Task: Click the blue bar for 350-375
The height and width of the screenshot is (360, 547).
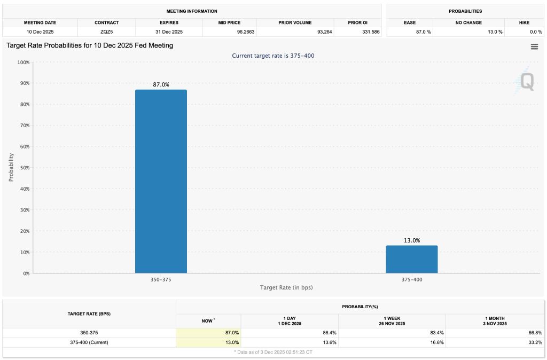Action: pyautogui.click(x=161, y=182)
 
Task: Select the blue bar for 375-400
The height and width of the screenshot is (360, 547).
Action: pyautogui.click(x=412, y=260)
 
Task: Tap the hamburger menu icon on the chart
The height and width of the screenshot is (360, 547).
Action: pyautogui.click(x=534, y=47)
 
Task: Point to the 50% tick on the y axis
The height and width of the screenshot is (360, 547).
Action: pyautogui.click(x=24, y=168)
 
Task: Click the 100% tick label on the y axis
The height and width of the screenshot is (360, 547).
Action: pyautogui.click(x=22, y=62)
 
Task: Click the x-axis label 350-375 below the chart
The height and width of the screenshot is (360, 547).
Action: pyautogui.click(x=161, y=279)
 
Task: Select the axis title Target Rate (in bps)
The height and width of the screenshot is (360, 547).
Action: pyautogui.click(x=286, y=288)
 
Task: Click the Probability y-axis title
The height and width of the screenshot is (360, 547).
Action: pyautogui.click(x=11, y=168)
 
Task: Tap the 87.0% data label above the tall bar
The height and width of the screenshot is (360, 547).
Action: pyautogui.click(x=161, y=84)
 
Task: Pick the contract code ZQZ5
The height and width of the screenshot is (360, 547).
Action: pyautogui.click(x=106, y=32)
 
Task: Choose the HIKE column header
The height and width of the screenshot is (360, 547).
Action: pyautogui.click(x=524, y=23)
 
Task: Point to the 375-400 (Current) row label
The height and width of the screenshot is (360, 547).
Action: pyautogui.click(x=89, y=342)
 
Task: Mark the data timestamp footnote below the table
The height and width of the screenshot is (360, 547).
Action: pyautogui.click(x=273, y=353)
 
